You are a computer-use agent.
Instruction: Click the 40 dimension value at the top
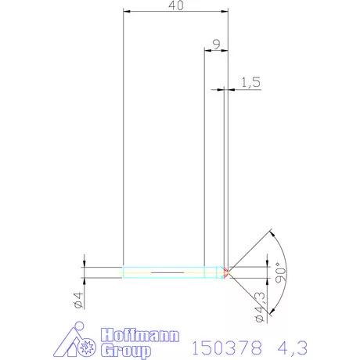point(176,5)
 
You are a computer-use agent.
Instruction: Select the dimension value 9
point(215,44)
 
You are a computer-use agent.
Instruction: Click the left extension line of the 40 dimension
point(124,141)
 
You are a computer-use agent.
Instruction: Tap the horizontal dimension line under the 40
point(176,13)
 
